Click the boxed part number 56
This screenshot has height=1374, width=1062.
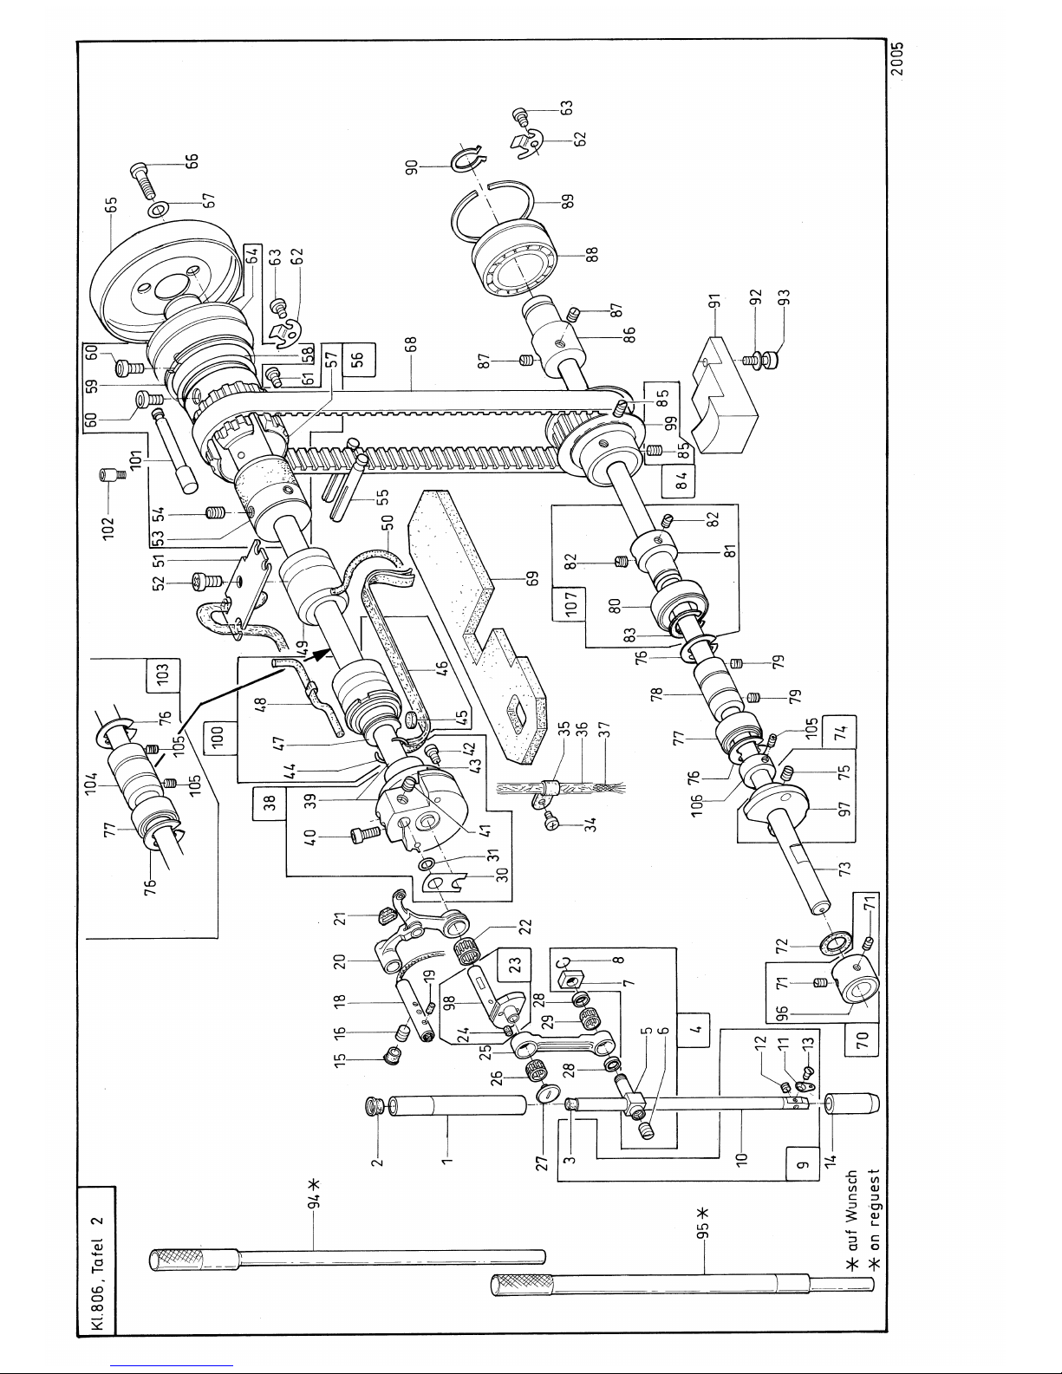click(x=358, y=360)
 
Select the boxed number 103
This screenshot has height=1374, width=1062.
click(x=163, y=675)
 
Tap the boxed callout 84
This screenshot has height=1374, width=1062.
click(x=678, y=481)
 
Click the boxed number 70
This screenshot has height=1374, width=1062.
click(x=863, y=1039)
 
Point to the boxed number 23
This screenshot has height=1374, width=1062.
click(x=515, y=965)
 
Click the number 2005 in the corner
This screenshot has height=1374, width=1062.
click(x=898, y=59)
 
